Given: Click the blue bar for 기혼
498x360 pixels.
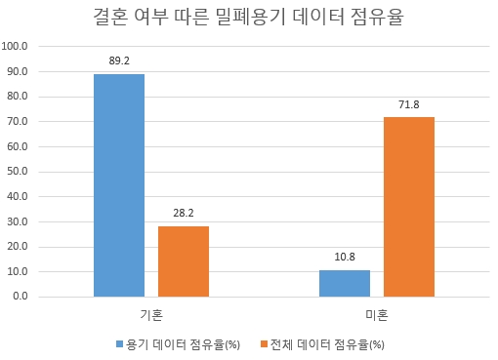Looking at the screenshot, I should point(119,184).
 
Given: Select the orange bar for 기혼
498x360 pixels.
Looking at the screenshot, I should point(184,260).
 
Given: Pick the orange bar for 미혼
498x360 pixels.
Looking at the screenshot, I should point(409,206).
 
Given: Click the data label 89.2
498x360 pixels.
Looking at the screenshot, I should point(119,60).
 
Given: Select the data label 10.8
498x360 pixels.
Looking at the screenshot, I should point(345,256).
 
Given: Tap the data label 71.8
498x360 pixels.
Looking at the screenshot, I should point(409,103).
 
